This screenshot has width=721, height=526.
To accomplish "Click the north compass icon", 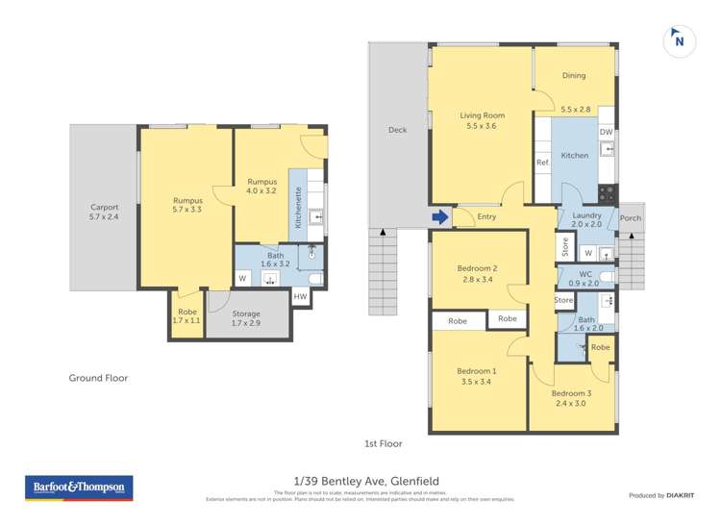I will (x=679, y=40).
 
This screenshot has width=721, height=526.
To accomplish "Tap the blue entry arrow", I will (x=440, y=217).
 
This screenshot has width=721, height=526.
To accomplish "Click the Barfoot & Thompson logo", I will (x=78, y=488).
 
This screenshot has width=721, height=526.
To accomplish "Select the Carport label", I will (x=104, y=207).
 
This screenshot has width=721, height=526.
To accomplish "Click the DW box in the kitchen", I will (x=606, y=133).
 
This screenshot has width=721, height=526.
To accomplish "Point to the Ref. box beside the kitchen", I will (x=542, y=162).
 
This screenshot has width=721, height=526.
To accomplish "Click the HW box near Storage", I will (x=300, y=297).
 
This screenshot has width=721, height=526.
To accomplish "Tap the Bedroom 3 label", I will (x=571, y=392).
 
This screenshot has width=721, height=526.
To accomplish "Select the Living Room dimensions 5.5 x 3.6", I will (x=482, y=127).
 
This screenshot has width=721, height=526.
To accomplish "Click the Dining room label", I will (x=574, y=76).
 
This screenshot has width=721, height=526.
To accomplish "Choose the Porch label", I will (x=631, y=218).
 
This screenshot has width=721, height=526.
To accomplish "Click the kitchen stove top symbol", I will (x=607, y=190).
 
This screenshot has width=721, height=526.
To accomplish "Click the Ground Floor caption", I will (x=98, y=378).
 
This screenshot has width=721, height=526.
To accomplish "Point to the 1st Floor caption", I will (x=383, y=443).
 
